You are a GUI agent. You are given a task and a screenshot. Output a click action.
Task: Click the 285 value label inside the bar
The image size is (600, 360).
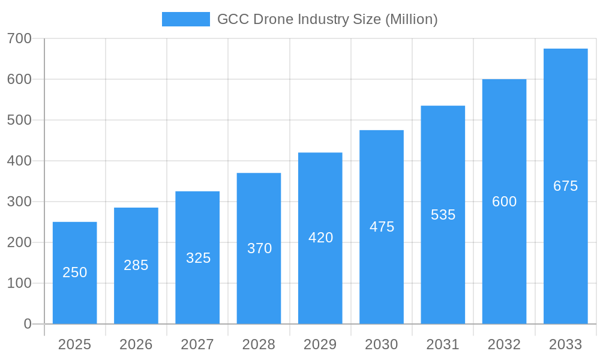[x=136, y=265]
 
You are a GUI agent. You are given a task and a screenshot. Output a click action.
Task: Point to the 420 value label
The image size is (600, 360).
[x=320, y=238]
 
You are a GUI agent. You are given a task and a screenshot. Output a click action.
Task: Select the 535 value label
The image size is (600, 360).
[x=443, y=215]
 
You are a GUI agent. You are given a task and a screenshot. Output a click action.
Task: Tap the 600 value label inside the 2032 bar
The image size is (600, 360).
[x=504, y=202]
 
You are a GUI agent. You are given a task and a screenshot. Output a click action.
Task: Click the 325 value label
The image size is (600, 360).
[x=198, y=258]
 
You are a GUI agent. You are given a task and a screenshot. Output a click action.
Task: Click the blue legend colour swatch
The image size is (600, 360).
[x=185, y=19]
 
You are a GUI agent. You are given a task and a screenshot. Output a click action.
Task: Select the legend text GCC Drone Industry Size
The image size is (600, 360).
[x=327, y=19]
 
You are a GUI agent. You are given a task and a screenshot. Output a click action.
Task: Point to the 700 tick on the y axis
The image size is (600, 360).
[x=19, y=38]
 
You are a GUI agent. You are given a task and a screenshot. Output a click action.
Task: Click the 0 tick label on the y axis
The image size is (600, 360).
[x=27, y=324]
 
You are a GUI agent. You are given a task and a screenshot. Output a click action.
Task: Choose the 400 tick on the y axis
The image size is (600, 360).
[x=19, y=161]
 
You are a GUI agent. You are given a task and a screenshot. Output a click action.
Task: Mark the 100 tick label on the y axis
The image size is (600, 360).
[x=19, y=283]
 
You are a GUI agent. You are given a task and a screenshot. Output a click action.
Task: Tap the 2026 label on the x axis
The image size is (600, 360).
[x=136, y=344]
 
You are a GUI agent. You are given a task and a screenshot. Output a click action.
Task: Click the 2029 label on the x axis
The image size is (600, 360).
[x=320, y=344]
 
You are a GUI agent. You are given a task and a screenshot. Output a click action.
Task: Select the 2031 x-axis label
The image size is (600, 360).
[x=443, y=344]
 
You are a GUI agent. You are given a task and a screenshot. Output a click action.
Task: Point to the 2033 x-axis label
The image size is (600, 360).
[x=565, y=344]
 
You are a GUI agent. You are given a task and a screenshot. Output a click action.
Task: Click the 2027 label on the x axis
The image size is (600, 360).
[x=197, y=344]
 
